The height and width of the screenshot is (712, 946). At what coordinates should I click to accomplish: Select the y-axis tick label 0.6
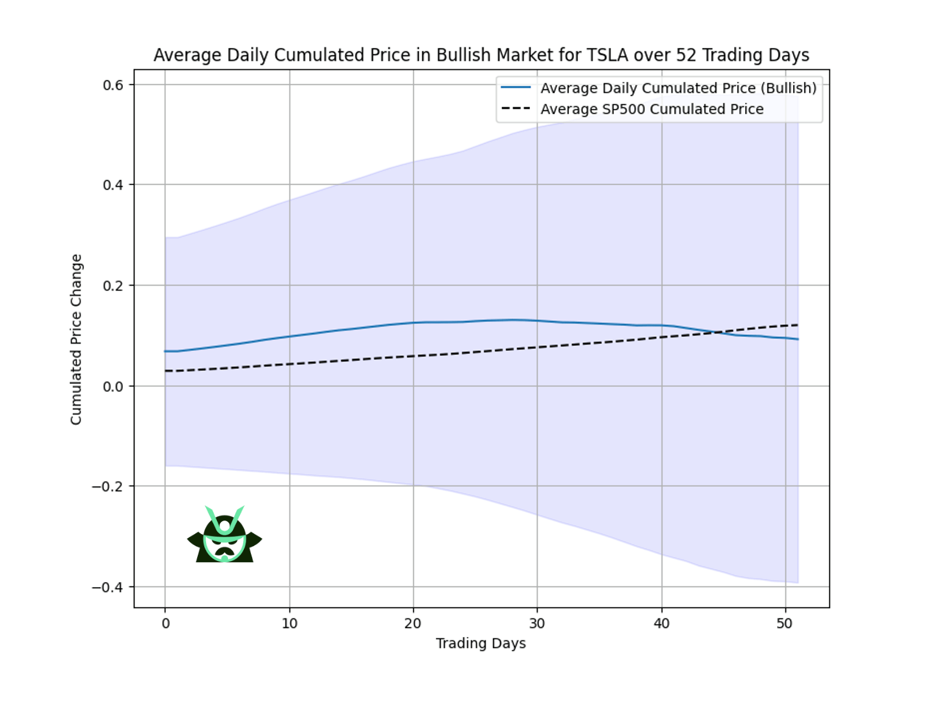(113, 85)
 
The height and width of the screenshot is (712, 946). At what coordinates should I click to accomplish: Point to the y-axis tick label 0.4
(113, 185)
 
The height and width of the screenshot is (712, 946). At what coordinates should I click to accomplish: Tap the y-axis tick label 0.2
(113, 286)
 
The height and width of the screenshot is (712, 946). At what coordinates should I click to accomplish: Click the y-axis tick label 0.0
(113, 386)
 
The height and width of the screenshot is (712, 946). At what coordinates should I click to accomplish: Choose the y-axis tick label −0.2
(108, 487)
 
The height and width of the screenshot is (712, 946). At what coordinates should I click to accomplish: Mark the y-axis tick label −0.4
(108, 587)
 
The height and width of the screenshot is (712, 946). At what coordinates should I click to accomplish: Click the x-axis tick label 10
(289, 624)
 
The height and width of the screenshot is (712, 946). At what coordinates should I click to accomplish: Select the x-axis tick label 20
(413, 624)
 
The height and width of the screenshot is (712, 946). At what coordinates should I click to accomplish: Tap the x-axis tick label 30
(537, 624)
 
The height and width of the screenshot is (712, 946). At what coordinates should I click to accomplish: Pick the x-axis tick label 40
(661, 624)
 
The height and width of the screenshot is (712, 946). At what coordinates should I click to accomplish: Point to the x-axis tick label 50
(785, 624)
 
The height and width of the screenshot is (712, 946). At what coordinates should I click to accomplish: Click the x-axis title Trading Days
(481, 643)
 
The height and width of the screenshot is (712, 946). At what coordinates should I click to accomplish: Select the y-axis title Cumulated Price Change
(76, 339)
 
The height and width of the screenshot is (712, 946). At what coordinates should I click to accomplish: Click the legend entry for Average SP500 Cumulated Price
(652, 109)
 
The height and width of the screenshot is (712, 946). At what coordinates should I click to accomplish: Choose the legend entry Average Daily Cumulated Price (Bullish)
(678, 88)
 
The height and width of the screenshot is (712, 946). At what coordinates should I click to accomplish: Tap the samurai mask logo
(225, 535)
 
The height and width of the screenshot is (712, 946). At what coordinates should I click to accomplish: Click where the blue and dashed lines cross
(718, 332)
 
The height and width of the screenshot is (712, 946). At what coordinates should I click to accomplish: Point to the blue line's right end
(798, 339)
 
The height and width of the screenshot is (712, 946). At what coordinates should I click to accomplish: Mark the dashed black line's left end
(165, 371)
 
